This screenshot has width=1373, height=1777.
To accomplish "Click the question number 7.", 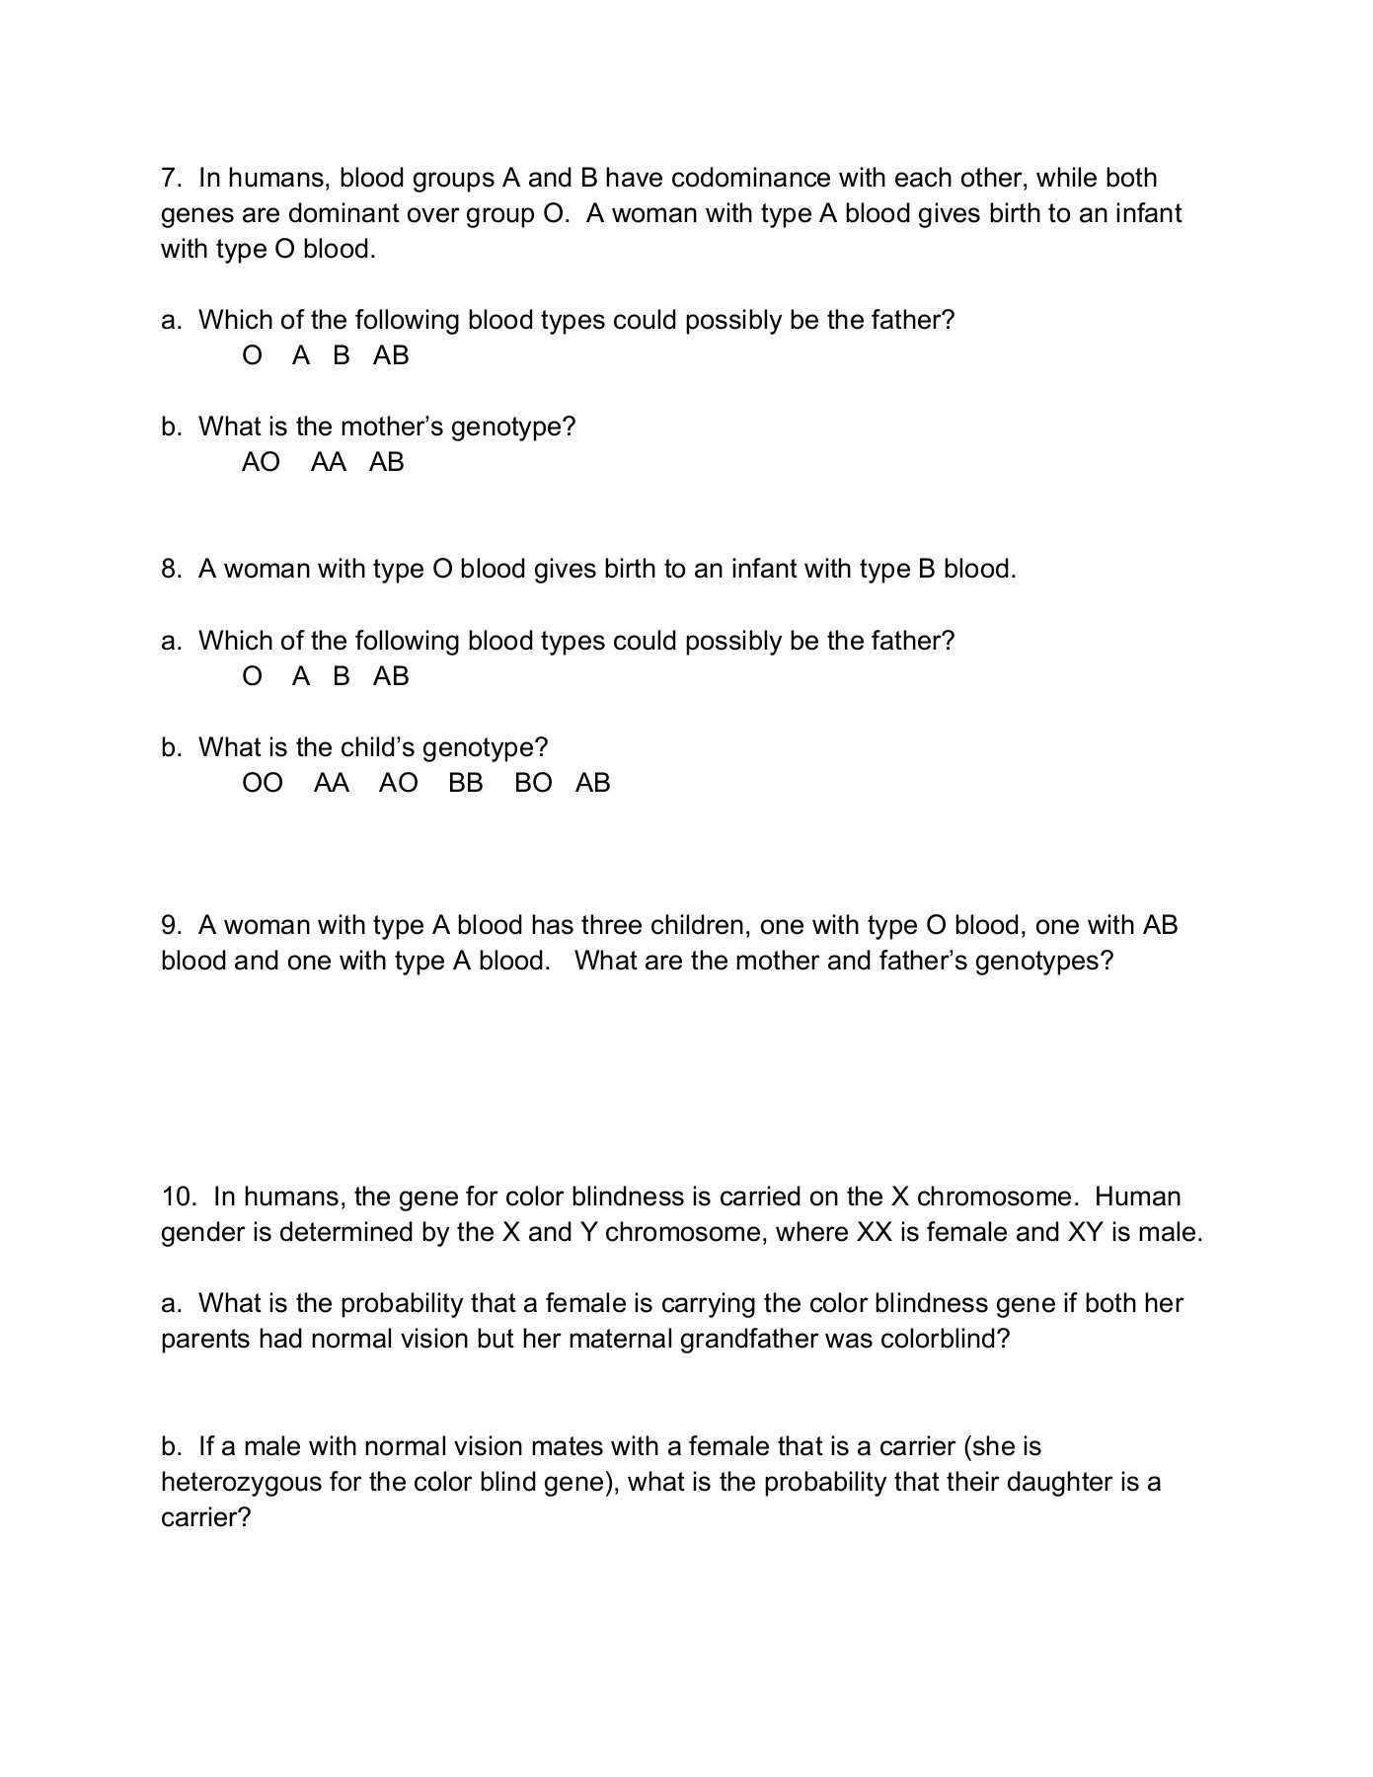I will pyautogui.click(x=171, y=178).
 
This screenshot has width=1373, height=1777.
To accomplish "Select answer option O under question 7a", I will pyautogui.click(x=253, y=355).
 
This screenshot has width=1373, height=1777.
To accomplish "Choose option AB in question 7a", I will pyautogui.click(x=391, y=355).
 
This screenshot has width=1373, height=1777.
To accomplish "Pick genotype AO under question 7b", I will pyautogui.click(x=261, y=462).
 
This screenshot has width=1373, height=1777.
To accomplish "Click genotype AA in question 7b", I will pyautogui.click(x=329, y=462).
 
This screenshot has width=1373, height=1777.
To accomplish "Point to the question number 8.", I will pyautogui.click(x=171, y=569).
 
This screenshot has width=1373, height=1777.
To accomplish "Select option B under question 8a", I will pyautogui.click(x=342, y=676).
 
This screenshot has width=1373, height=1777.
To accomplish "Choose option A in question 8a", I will pyautogui.click(x=301, y=676).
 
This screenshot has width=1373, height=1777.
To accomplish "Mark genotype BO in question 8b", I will pyautogui.click(x=533, y=783).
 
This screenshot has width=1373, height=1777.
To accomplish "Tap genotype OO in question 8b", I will pyautogui.click(x=263, y=783).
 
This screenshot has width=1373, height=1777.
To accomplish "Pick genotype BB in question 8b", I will pyautogui.click(x=466, y=783).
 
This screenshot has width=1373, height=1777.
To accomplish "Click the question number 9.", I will pyautogui.click(x=171, y=925).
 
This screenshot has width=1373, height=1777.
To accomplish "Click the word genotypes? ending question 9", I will pyautogui.click(x=1043, y=961).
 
